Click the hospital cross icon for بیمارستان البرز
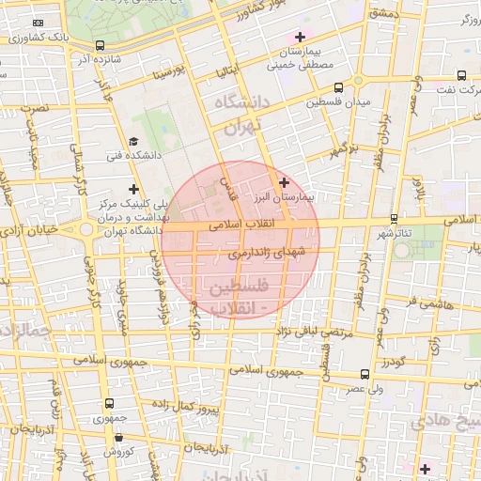point(284,182)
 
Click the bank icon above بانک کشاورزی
point(39,23)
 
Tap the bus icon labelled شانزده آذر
point(101,45)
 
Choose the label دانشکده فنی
point(126,155)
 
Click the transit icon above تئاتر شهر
point(393,218)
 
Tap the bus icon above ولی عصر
point(365,373)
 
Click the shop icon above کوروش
point(118,437)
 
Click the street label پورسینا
point(178,70)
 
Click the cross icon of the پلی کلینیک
point(134,189)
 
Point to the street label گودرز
point(391,362)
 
